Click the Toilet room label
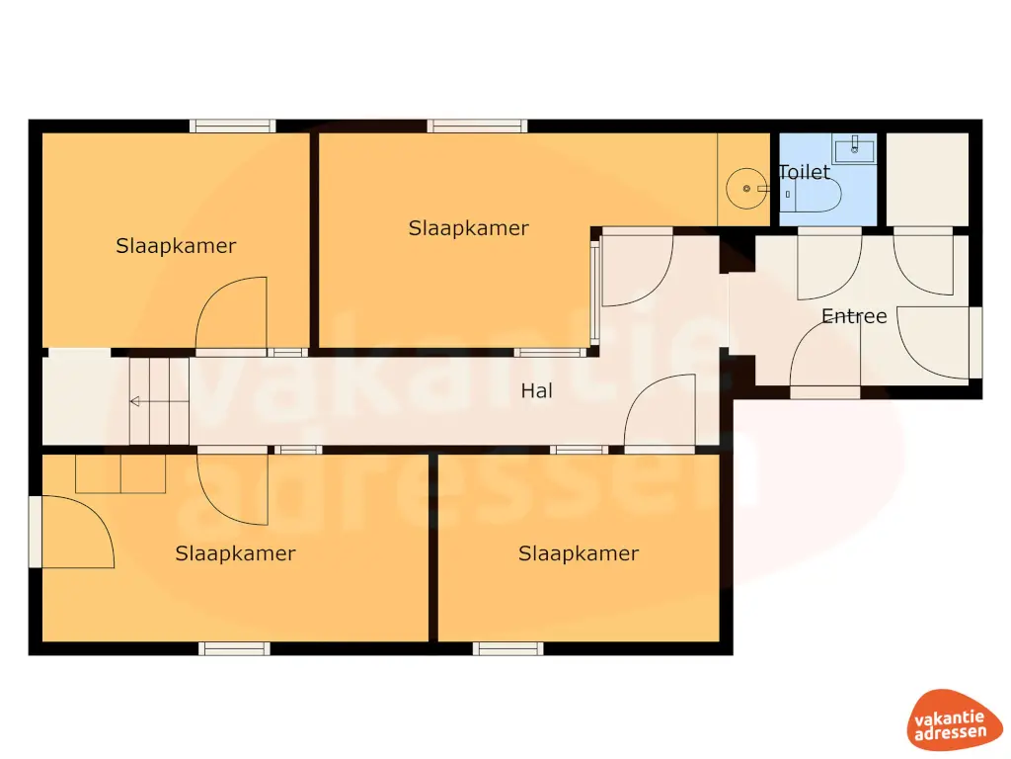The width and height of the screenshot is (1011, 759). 805,172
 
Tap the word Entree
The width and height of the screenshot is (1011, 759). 854,316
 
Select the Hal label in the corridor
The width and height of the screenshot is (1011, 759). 536,391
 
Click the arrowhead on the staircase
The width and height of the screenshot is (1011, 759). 135,401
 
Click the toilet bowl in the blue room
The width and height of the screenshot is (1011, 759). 814,196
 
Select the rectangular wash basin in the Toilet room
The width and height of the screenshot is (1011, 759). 854,150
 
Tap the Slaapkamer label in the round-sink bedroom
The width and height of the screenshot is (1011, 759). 468,228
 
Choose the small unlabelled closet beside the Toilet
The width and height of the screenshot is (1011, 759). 926,179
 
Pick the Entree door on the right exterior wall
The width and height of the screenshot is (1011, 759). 938,342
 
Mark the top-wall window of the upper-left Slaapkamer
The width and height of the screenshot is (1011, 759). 233,126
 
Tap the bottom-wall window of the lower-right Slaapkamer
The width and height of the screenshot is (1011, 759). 507,649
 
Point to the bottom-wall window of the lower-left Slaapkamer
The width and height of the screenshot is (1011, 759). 234,649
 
